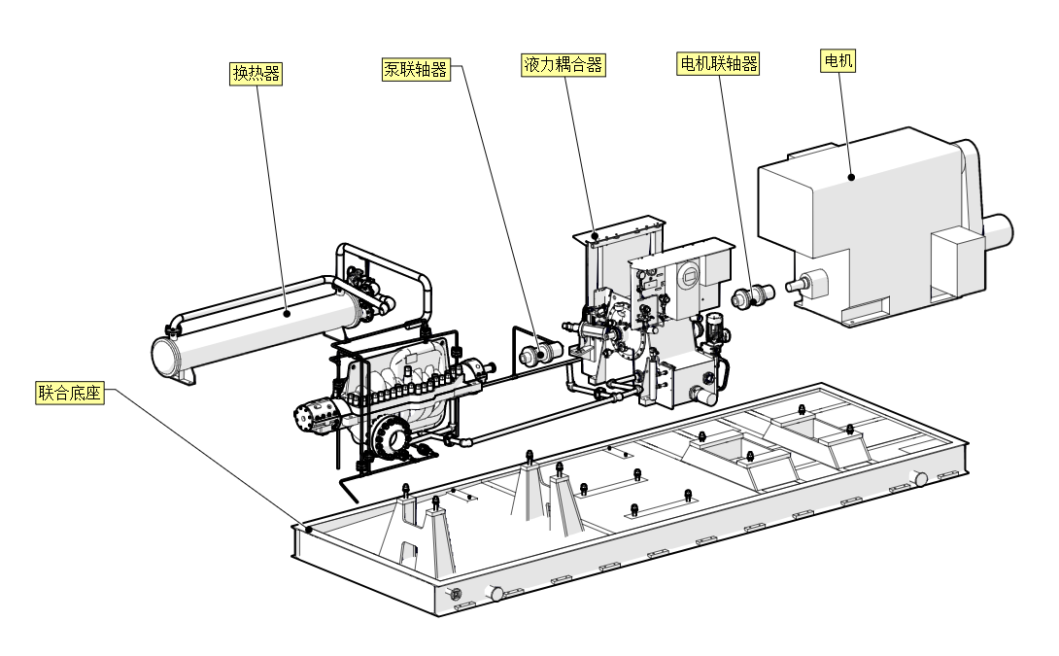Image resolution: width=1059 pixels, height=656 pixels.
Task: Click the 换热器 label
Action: pos(256,74)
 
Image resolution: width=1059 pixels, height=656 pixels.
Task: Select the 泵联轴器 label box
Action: pos(416,69)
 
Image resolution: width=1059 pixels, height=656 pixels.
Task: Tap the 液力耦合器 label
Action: pos(564,65)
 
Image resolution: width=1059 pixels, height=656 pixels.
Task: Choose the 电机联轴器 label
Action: pos(718,64)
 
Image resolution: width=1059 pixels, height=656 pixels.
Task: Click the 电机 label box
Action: pos(838,61)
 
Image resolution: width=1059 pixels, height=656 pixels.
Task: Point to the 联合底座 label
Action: pos(69,394)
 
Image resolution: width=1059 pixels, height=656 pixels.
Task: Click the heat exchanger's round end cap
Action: pos(166,355)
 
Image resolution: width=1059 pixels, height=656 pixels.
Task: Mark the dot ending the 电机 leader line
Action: pos(851,177)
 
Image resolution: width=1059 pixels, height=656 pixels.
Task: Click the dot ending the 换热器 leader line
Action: pos(287,313)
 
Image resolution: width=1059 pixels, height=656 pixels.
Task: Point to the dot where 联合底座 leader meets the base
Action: pos(308,530)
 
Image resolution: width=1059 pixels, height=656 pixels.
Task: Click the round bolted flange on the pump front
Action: pos(394,438)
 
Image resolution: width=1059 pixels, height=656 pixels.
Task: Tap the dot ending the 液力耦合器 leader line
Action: pos(595,236)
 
